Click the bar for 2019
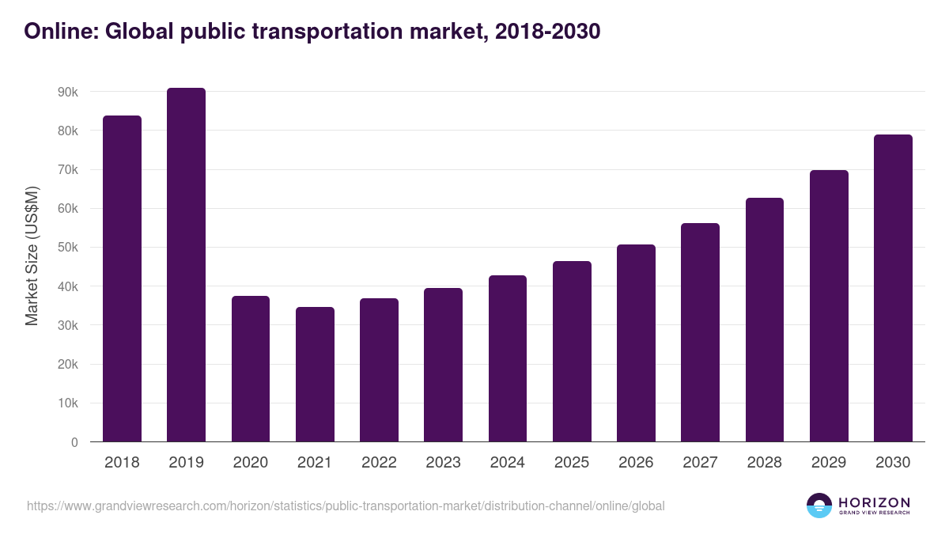186,265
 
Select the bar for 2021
315,374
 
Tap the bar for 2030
893,288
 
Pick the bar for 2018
122,278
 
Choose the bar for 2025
572,351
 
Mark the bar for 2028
764,320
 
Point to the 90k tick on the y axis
67,92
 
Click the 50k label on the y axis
67,248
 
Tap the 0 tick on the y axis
74,442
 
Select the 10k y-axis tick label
67,403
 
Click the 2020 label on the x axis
250,463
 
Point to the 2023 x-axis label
443,463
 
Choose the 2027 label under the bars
700,463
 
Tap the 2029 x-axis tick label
829,463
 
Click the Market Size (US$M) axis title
32,256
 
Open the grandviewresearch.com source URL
346,506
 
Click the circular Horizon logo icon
819,506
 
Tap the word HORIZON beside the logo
874,502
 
